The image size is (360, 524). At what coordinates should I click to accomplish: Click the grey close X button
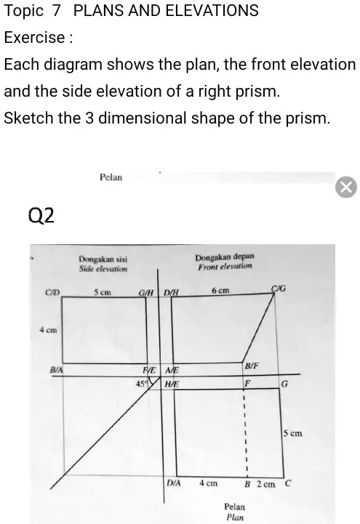pyautogui.click(x=346, y=188)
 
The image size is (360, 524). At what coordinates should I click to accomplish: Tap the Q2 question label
pyautogui.click(x=41, y=216)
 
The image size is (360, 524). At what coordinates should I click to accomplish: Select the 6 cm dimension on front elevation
pyautogui.click(x=220, y=291)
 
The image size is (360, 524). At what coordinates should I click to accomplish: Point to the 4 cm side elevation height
pyautogui.click(x=49, y=330)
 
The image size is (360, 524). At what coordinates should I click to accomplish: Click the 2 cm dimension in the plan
pyautogui.click(x=266, y=484)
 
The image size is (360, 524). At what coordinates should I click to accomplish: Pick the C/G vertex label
pyautogui.click(x=279, y=288)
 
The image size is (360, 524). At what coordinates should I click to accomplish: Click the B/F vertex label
pyautogui.click(x=252, y=366)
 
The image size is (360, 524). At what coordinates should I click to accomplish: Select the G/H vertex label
pyautogui.click(x=146, y=293)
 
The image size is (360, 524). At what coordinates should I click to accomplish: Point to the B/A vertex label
pyautogui.click(x=56, y=370)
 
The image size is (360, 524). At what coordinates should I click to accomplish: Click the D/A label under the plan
pyautogui.click(x=174, y=483)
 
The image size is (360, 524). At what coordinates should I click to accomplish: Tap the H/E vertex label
pyautogui.click(x=172, y=384)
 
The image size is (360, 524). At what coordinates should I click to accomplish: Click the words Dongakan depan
pyautogui.click(x=225, y=257)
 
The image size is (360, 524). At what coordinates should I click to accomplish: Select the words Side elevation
pyautogui.click(x=103, y=269)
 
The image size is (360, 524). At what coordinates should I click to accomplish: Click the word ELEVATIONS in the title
pyautogui.click(x=212, y=10)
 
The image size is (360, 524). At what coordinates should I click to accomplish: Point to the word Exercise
pyautogui.click(x=34, y=37)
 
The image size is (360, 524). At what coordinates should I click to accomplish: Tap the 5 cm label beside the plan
pyautogui.click(x=293, y=433)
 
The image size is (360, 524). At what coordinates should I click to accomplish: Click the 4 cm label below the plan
pyautogui.click(x=208, y=483)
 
